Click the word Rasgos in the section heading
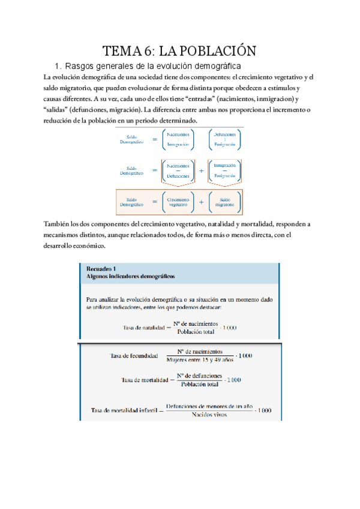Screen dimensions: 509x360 click(x=80, y=65)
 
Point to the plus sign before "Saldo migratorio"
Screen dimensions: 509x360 click(x=201, y=202)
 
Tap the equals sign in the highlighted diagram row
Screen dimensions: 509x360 click(x=154, y=202)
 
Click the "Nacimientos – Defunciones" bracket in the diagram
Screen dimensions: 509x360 click(x=178, y=170)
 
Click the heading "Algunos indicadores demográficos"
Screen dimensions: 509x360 click(x=130, y=277)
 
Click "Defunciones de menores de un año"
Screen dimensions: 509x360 click(x=209, y=406)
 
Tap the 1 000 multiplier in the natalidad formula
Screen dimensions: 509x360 click(x=229, y=328)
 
